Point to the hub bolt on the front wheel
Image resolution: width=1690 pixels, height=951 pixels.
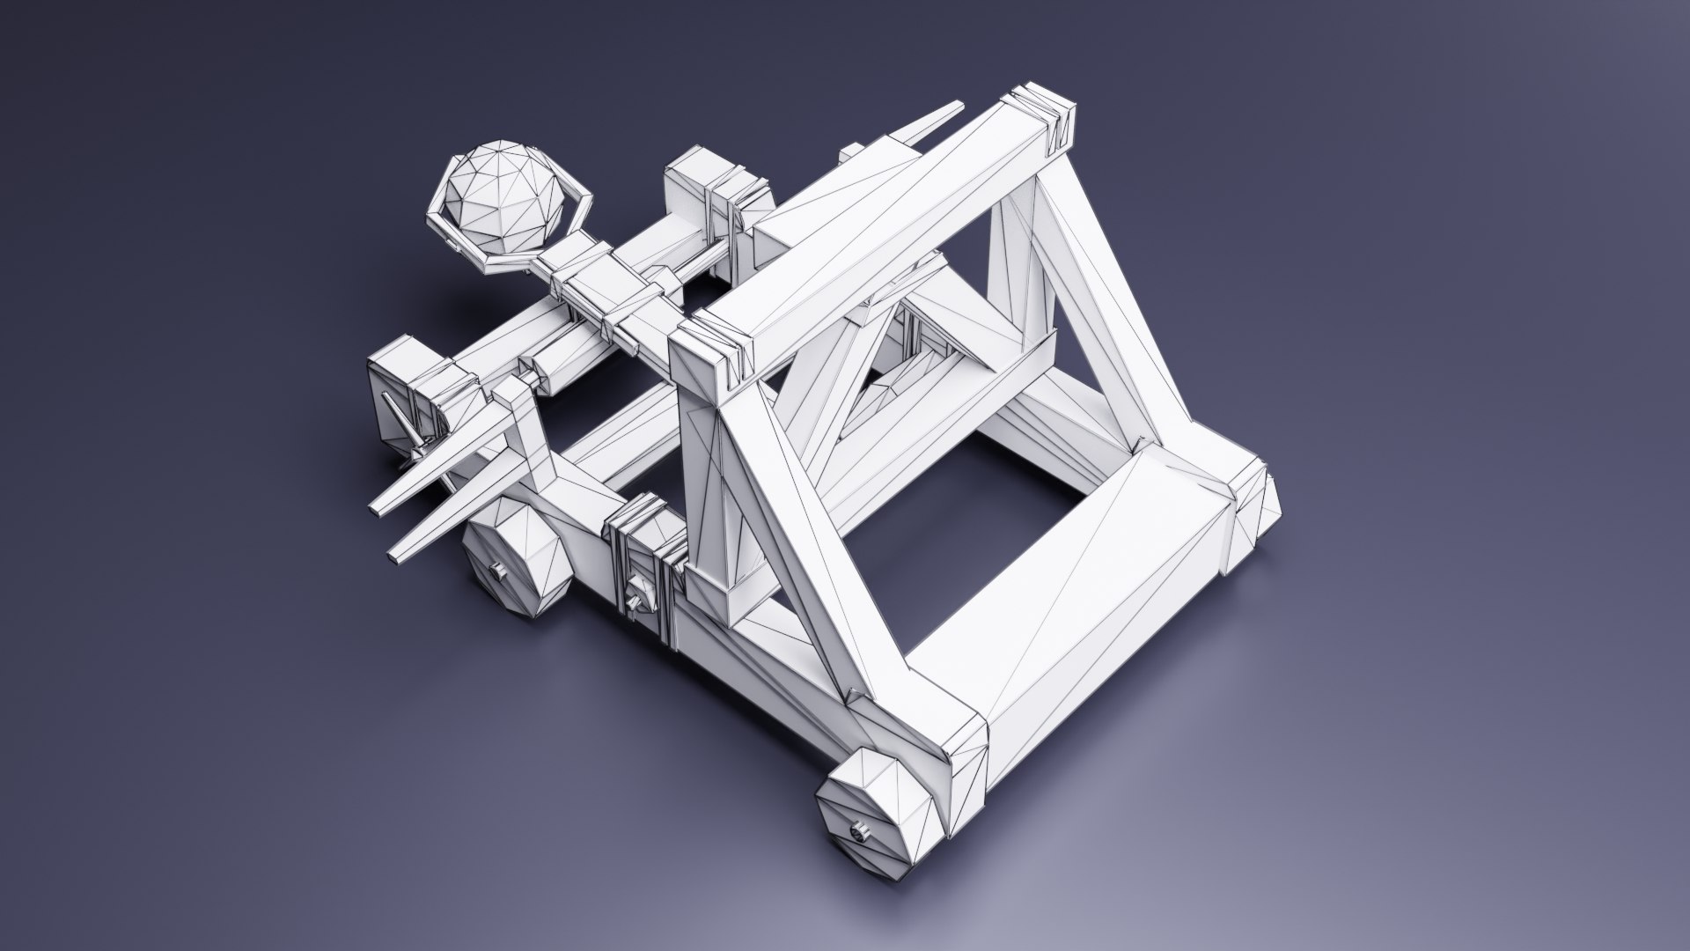coord(857,831)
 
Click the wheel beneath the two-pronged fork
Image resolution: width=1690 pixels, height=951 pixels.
coord(515,564)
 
